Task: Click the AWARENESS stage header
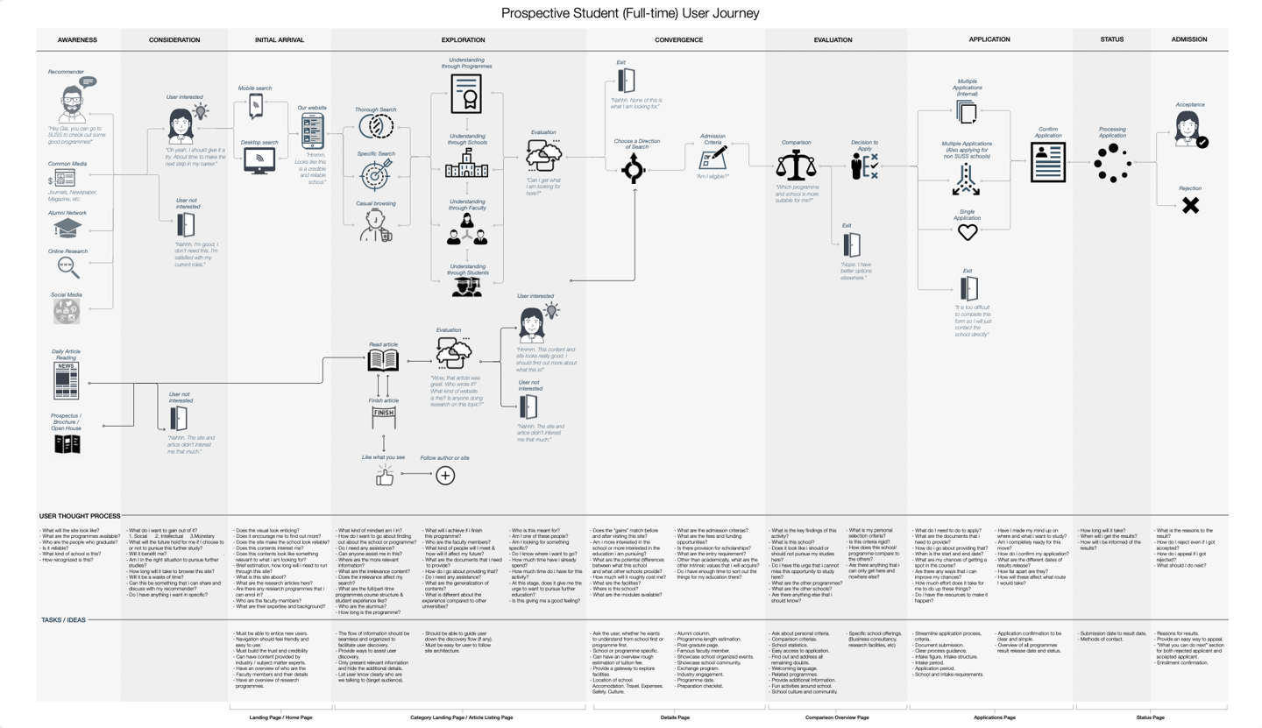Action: tap(77, 39)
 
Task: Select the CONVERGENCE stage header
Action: tap(678, 39)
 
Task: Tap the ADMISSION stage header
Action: tap(1189, 39)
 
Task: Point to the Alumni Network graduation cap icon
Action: tap(68, 228)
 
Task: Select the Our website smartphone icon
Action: tap(312, 132)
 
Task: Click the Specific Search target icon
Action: tap(376, 176)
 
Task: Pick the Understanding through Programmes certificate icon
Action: tap(465, 93)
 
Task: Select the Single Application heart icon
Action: tap(967, 232)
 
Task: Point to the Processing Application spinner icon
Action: tap(1111, 163)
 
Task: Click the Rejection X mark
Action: tap(1189, 206)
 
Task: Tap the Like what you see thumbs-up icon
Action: tap(384, 476)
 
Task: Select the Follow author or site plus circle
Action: tap(445, 476)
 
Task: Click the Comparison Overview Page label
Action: tap(837, 717)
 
